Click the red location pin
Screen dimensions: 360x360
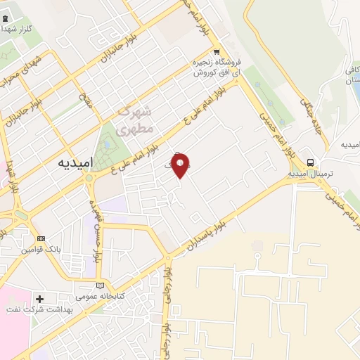pos(181,167)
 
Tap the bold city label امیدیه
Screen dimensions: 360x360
pos(73,162)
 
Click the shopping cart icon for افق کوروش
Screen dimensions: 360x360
pos(217,51)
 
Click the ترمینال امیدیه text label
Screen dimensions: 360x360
pos(310,173)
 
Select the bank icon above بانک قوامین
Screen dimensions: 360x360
pos(40,238)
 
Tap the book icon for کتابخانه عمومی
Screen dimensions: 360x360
pos(101,285)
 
